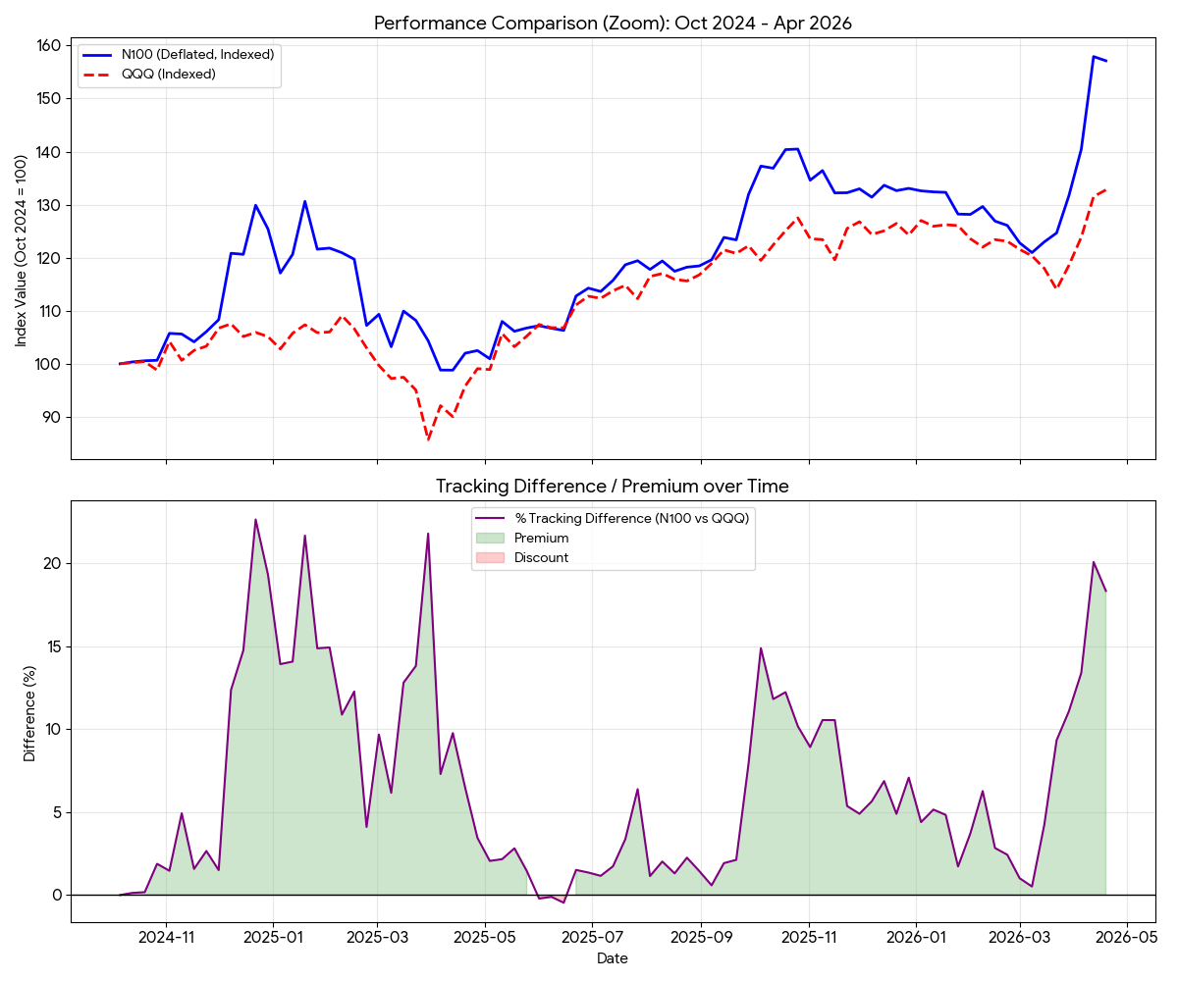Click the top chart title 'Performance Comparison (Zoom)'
coord(613,23)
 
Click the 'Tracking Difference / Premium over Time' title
coord(613,486)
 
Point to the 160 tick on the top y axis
coord(50,45)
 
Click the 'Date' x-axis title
coord(613,958)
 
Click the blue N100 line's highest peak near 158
coord(1094,56)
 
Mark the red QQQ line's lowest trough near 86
coord(428,439)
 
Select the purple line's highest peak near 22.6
coord(255,520)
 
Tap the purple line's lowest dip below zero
coord(563,903)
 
